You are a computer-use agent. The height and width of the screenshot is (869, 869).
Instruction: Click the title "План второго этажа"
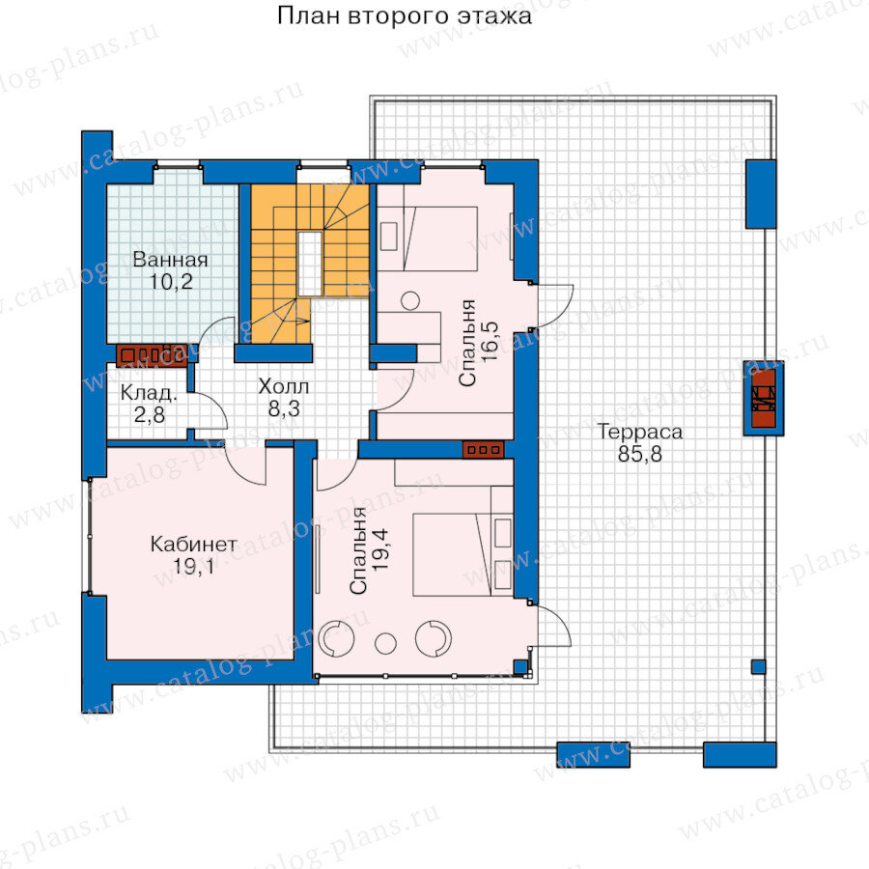(404, 16)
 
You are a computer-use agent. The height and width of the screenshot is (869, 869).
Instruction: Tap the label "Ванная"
(171, 260)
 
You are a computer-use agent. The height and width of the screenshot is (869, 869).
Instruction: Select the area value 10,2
(171, 282)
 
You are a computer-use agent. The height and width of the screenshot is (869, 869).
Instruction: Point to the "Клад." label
(149, 393)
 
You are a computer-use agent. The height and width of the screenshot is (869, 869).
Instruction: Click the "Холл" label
(283, 386)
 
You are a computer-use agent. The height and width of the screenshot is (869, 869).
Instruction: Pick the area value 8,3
(284, 409)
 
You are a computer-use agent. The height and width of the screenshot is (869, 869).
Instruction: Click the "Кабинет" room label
(193, 545)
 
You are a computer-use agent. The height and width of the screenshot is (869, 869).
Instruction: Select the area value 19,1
(193, 567)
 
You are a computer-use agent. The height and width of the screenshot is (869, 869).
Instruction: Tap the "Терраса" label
(640, 432)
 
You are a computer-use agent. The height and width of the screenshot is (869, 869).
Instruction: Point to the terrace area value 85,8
(639, 455)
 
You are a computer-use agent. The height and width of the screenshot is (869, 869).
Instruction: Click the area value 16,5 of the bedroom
(490, 343)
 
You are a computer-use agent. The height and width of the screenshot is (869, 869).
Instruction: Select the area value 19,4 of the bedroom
(380, 549)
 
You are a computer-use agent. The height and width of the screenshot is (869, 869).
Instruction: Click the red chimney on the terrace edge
(763, 398)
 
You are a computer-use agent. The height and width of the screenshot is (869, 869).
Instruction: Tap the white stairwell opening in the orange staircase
(310, 264)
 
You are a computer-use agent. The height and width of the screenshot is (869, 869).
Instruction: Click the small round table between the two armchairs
(385, 643)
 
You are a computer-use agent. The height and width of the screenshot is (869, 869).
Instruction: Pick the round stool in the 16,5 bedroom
(410, 300)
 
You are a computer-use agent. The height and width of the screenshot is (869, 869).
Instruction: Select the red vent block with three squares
(484, 450)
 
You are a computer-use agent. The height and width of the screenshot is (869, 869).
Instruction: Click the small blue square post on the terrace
(758, 666)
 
